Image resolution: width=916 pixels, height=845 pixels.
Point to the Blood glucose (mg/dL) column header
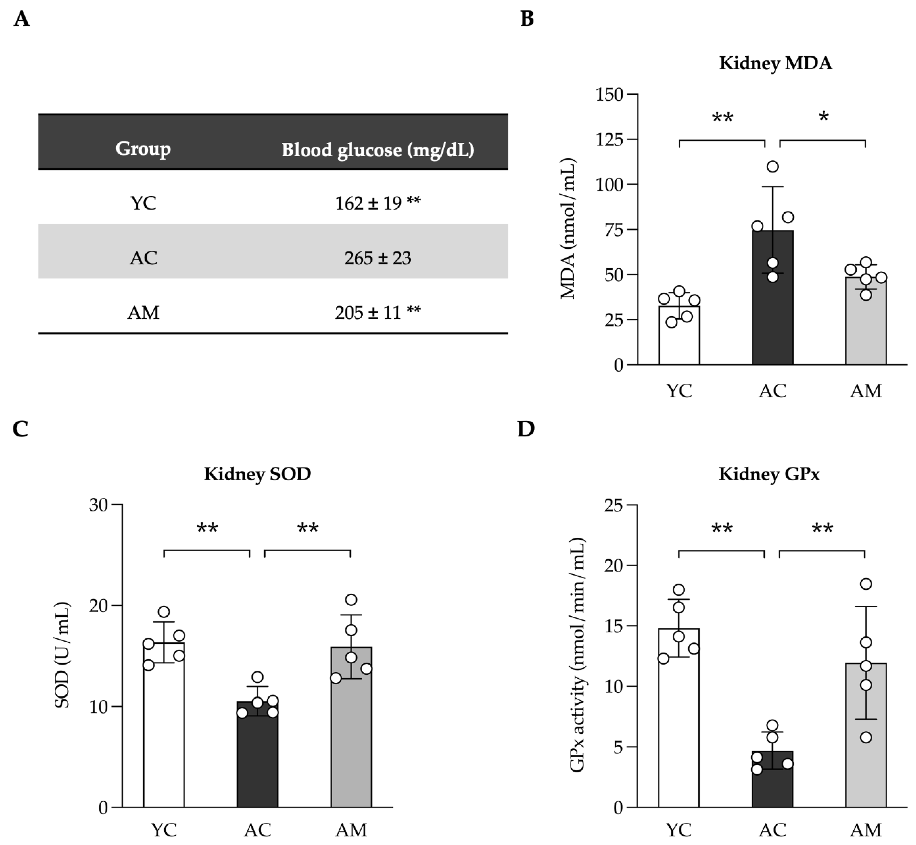coord(378,150)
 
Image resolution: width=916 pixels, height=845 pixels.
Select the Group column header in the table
coord(143,149)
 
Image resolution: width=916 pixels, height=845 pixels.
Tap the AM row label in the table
coord(143,313)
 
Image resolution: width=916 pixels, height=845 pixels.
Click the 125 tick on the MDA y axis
coord(609,139)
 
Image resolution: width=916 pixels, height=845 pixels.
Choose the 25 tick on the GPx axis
coord(614,505)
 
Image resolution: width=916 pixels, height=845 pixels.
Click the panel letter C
coord(21,429)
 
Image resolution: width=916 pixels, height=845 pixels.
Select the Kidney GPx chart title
coord(769,474)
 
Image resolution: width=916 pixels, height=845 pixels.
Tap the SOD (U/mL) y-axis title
coord(63,656)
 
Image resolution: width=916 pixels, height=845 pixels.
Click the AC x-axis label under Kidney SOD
coord(257,830)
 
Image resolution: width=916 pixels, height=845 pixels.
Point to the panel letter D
coord(526,429)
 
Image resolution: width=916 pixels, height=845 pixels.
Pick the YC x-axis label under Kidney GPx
coord(679,830)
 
